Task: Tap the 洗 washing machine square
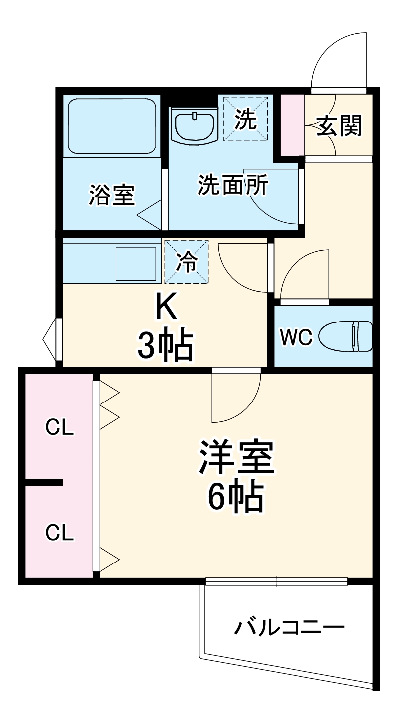(x=245, y=119)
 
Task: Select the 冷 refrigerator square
(x=186, y=262)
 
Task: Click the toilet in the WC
(x=346, y=336)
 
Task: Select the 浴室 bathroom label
(x=111, y=194)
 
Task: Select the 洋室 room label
(x=236, y=458)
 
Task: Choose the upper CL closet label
(x=59, y=427)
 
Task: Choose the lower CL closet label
(x=59, y=533)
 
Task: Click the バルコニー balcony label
(x=289, y=628)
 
